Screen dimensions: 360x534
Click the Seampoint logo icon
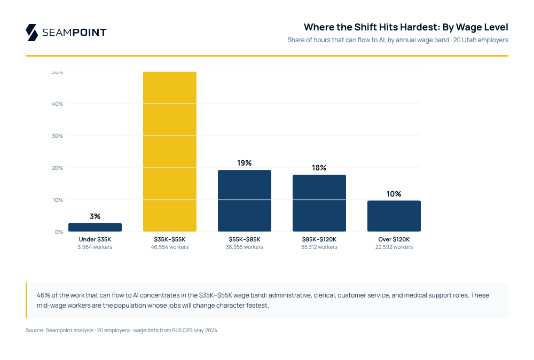[x=32, y=33]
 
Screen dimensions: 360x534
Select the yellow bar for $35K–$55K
[x=170, y=152]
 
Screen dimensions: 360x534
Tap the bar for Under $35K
[x=95, y=228]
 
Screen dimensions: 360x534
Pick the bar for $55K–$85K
[x=245, y=201]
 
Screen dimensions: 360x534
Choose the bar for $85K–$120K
[x=319, y=204]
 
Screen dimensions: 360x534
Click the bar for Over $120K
[x=394, y=216]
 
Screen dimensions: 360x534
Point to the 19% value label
[x=245, y=163]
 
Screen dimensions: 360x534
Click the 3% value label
[x=95, y=216]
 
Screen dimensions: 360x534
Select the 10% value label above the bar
[x=394, y=194]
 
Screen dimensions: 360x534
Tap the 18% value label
[x=319, y=168]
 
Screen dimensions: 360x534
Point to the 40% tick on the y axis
[x=58, y=104]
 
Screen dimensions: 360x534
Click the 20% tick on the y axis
[x=58, y=168]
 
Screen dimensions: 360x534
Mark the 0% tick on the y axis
[x=59, y=232]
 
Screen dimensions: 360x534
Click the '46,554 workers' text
[x=170, y=247]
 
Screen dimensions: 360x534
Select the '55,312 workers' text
[x=319, y=247]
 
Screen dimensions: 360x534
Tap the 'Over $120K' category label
[x=394, y=239]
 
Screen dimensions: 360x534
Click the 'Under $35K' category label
[x=95, y=239]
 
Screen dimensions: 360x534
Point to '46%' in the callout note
[x=43, y=295]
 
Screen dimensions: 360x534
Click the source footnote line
[x=121, y=331]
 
